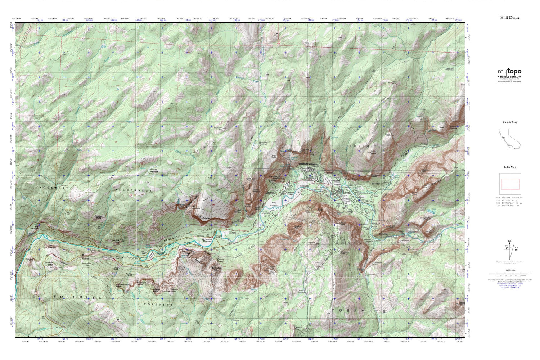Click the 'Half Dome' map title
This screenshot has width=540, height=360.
510,17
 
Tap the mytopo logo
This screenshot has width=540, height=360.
509,72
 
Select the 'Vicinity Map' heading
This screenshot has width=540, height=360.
510,122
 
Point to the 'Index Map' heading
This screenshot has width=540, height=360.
510,167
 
